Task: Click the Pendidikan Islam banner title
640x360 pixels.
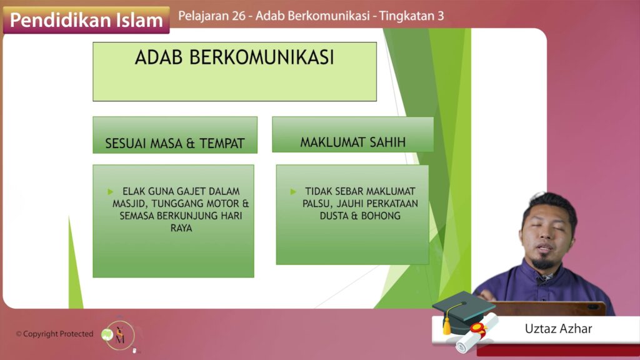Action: (86, 20)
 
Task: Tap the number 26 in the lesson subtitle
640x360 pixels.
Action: (239, 16)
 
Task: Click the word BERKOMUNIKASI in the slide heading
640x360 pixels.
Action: (262, 57)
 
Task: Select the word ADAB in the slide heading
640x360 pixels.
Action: (159, 57)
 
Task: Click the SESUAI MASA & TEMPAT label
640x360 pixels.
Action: (175, 143)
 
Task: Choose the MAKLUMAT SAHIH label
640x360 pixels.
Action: (353, 142)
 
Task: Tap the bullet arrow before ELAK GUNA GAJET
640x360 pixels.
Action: (110, 191)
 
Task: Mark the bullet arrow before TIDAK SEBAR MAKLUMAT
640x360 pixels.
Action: (293, 191)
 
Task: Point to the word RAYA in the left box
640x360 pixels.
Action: (181, 228)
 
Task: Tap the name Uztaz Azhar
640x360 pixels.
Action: (558, 329)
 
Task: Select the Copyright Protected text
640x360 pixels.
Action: (55, 334)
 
